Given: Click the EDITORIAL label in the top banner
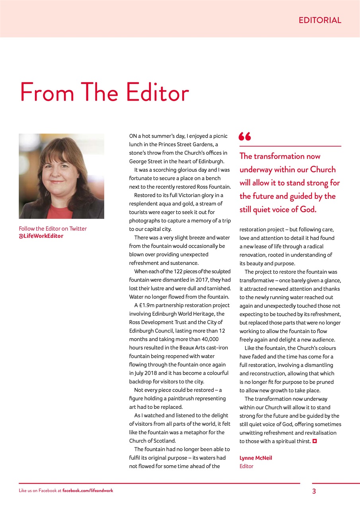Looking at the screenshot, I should point(320,20).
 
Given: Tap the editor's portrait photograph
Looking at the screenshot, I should point(61,176).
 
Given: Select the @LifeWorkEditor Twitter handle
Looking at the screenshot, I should point(41,236).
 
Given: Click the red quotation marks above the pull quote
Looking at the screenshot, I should point(245,137).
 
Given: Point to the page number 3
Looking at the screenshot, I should point(314,491).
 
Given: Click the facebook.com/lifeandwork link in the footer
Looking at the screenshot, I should point(88,491).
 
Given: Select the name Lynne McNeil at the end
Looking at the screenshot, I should point(256,458).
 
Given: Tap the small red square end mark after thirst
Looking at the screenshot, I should point(314,441).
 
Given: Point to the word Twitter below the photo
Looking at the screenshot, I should point(78,229).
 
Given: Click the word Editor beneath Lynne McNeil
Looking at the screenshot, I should point(246,466).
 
